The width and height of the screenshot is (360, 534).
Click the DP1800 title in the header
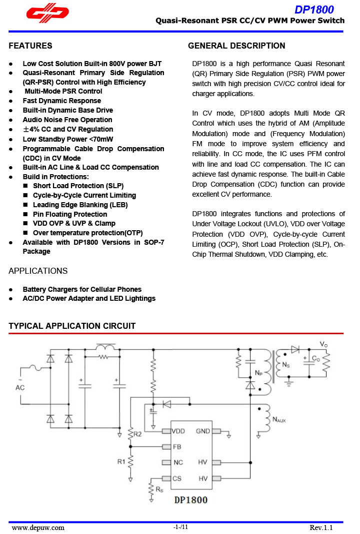[314, 10]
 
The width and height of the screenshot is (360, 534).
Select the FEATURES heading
[30, 46]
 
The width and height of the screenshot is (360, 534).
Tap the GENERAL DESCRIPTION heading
[236, 46]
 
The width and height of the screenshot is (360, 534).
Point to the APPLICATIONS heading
[38, 271]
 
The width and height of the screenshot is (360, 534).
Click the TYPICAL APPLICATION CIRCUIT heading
[72, 326]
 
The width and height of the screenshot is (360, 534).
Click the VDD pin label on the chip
[178, 431]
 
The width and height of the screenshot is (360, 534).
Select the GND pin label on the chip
[202, 431]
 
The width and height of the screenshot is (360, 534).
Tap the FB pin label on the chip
[177, 446]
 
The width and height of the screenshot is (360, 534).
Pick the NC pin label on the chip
[178, 462]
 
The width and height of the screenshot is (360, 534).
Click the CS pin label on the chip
[177, 478]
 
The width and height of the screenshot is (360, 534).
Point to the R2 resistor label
[137, 434]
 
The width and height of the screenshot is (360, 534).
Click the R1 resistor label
[121, 462]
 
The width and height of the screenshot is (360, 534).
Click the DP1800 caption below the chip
[190, 500]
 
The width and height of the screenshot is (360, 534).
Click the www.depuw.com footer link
[38, 527]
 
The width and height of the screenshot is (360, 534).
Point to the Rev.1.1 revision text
[321, 527]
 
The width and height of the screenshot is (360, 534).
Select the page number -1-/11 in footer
[180, 527]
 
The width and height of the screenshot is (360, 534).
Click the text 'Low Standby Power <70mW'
[68, 139]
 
